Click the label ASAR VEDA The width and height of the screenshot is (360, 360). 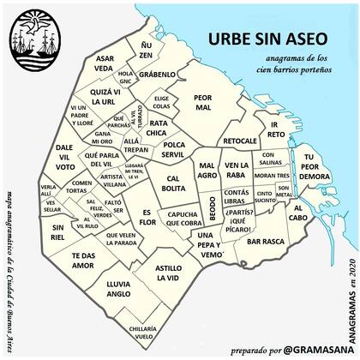[x=104, y=61]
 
